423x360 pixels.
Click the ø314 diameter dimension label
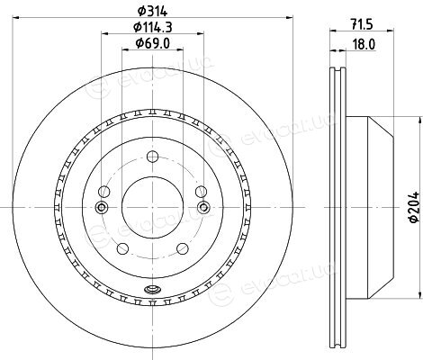click(x=152, y=12)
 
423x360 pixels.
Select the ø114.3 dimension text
click(x=153, y=28)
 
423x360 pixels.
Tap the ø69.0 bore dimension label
click(x=153, y=44)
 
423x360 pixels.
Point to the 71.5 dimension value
click(x=361, y=25)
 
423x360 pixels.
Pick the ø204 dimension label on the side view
click(x=414, y=207)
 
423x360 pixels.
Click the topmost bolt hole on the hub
click(x=153, y=157)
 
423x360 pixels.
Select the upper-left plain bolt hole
click(x=104, y=192)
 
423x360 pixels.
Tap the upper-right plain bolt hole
click(x=201, y=192)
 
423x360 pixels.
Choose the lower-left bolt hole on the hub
click(x=122, y=248)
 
